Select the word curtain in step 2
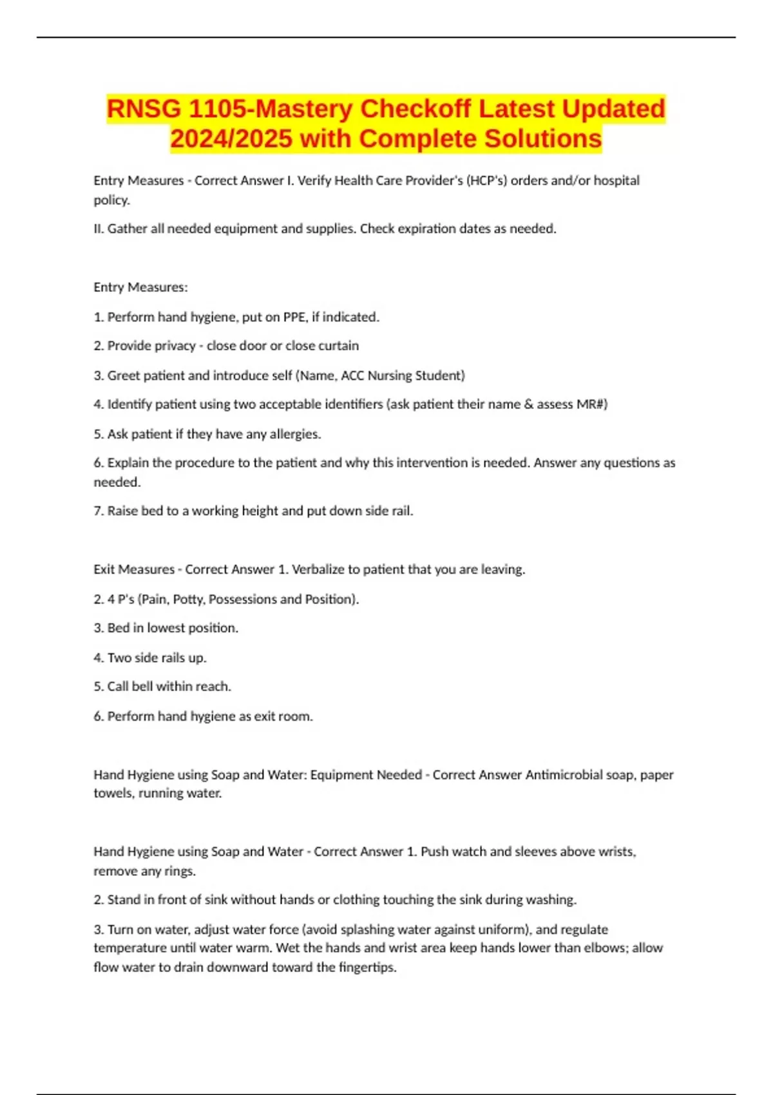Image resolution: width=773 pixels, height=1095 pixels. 338,346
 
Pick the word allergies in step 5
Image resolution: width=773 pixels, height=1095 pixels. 294,434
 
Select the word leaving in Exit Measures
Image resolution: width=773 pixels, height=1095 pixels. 504,569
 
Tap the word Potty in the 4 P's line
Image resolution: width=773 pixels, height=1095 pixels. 189,599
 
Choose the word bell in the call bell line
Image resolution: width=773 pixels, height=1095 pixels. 142,687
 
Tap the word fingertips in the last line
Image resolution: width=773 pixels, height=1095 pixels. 367,967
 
